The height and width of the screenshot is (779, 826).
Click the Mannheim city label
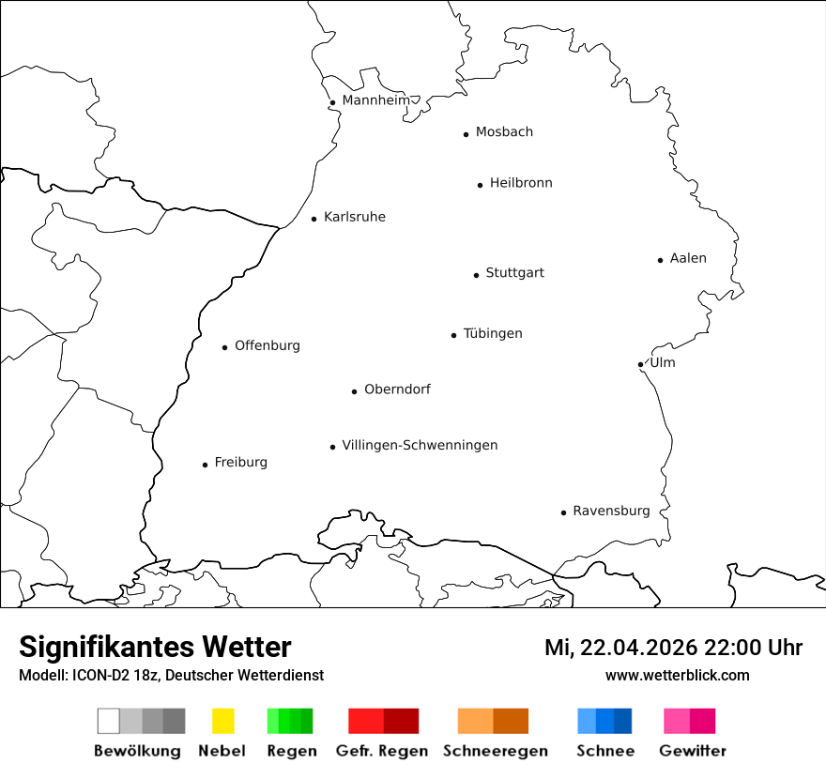(x=375, y=100)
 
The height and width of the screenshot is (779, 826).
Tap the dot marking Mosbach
(x=466, y=134)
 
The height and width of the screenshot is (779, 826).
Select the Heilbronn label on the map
(x=521, y=183)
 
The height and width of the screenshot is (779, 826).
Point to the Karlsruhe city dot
(x=314, y=220)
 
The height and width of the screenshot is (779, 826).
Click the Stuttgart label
(x=514, y=273)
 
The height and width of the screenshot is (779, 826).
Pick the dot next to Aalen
(x=660, y=260)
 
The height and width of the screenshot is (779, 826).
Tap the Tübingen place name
(x=493, y=334)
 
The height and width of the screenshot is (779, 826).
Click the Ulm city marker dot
(x=640, y=364)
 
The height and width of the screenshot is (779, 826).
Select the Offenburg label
(x=268, y=345)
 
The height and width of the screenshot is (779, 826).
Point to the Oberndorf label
(x=397, y=389)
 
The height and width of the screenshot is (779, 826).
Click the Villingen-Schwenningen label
(x=420, y=445)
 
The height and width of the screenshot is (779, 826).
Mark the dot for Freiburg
(x=205, y=465)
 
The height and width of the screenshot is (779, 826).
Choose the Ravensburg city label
(x=611, y=512)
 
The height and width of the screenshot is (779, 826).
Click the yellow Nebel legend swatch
(x=222, y=721)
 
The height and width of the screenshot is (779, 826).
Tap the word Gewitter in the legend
(x=693, y=751)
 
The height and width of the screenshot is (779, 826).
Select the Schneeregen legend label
(x=496, y=751)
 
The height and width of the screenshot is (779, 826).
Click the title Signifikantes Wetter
(x=155, y=647)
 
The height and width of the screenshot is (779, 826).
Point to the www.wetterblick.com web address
(x=678, y=675)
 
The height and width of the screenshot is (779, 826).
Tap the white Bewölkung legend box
(x=109, y=721)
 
